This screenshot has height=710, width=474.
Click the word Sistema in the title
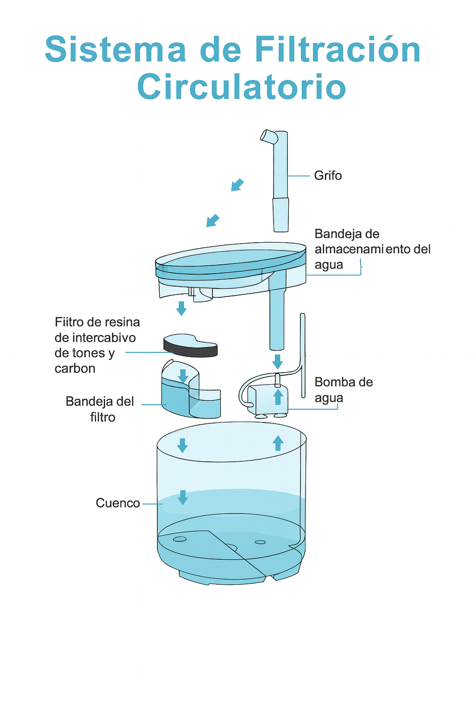tap(116, 49)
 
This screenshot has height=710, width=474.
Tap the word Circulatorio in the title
tap(241, 86)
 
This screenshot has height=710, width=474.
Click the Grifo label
tap(328, 176)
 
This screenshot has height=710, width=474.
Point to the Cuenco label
tap(118, 503)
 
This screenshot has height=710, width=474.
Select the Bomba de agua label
tap(343, 390)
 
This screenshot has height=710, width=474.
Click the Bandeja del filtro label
tap(100, 409)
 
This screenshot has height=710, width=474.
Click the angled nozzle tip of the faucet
tap(267, 135)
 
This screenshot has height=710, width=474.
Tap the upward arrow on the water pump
tap(278, 397)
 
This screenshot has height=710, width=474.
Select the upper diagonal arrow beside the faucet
tap(237, 184)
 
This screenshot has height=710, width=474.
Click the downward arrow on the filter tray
tap(183, 376)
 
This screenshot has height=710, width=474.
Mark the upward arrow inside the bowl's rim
tap(278, 443)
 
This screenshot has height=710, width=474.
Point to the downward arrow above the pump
tap(277, 361)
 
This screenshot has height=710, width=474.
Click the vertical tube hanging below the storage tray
tap(277, 321)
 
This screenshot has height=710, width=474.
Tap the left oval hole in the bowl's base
tap(180, 539)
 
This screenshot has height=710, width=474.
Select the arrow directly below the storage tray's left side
tap(181, 308)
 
